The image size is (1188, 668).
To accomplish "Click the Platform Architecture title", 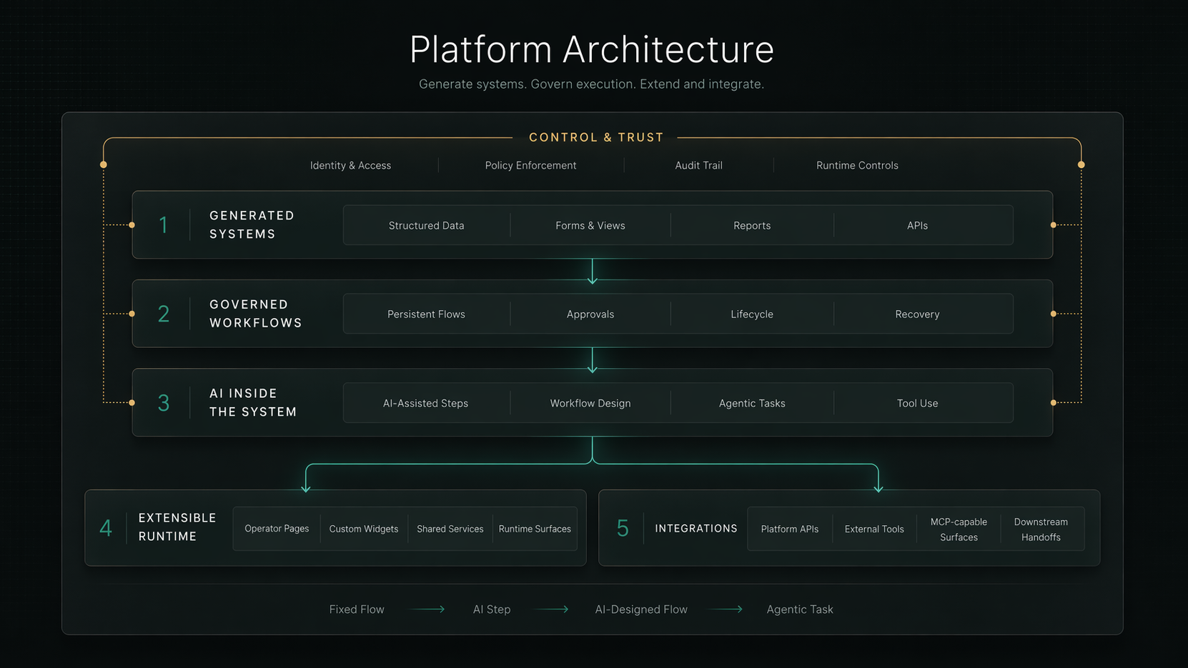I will (x=592, y=50).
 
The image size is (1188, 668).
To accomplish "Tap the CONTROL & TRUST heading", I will (x=595, y=137).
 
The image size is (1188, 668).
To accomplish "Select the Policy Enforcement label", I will (x=530, y=166).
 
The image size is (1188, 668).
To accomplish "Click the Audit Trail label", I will (x=698, y=166).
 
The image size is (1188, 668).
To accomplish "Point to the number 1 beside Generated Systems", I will (x=163, y=225).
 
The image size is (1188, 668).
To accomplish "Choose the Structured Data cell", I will (x=426, y=226).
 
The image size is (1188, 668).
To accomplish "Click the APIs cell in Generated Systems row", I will (x=917, y=226).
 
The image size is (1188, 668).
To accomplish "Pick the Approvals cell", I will (x=590, y=314).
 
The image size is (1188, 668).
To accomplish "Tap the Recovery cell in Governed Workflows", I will (x=917, y=314).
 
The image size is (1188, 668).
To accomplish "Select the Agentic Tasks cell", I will (x=752, y=404).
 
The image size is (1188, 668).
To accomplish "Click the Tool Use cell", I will (x=917, y=404).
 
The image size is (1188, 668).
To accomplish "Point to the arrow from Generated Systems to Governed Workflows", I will (x=592, y=271).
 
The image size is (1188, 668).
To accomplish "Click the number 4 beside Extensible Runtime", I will (x=106, y=528).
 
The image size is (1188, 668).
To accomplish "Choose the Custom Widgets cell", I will (x=363, y=529).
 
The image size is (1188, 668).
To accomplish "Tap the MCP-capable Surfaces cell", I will (x=959, y=529).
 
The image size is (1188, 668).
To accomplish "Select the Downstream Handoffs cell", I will (x=1041, y=529).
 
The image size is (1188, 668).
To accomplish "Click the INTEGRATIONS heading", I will (x=696, y=529).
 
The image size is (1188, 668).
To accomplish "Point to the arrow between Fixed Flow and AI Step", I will (x=428, y=609).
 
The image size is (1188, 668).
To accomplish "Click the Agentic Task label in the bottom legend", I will (x=799, y=609).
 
